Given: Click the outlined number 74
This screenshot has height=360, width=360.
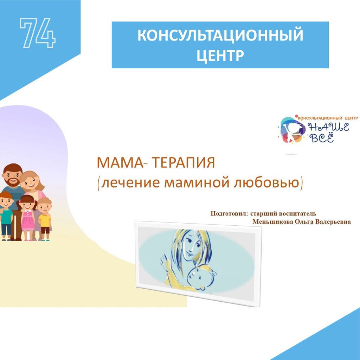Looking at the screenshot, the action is pos(37,33).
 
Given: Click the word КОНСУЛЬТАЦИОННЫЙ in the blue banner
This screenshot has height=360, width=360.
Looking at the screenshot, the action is pos(220,35).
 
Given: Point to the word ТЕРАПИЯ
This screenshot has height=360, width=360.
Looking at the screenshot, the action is pos(184,163).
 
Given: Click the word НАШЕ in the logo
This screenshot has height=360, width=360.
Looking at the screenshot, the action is pos(329,127).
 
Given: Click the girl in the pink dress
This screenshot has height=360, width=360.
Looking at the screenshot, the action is pos(27,217).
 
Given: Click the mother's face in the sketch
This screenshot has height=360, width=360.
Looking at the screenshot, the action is pos(193,246).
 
